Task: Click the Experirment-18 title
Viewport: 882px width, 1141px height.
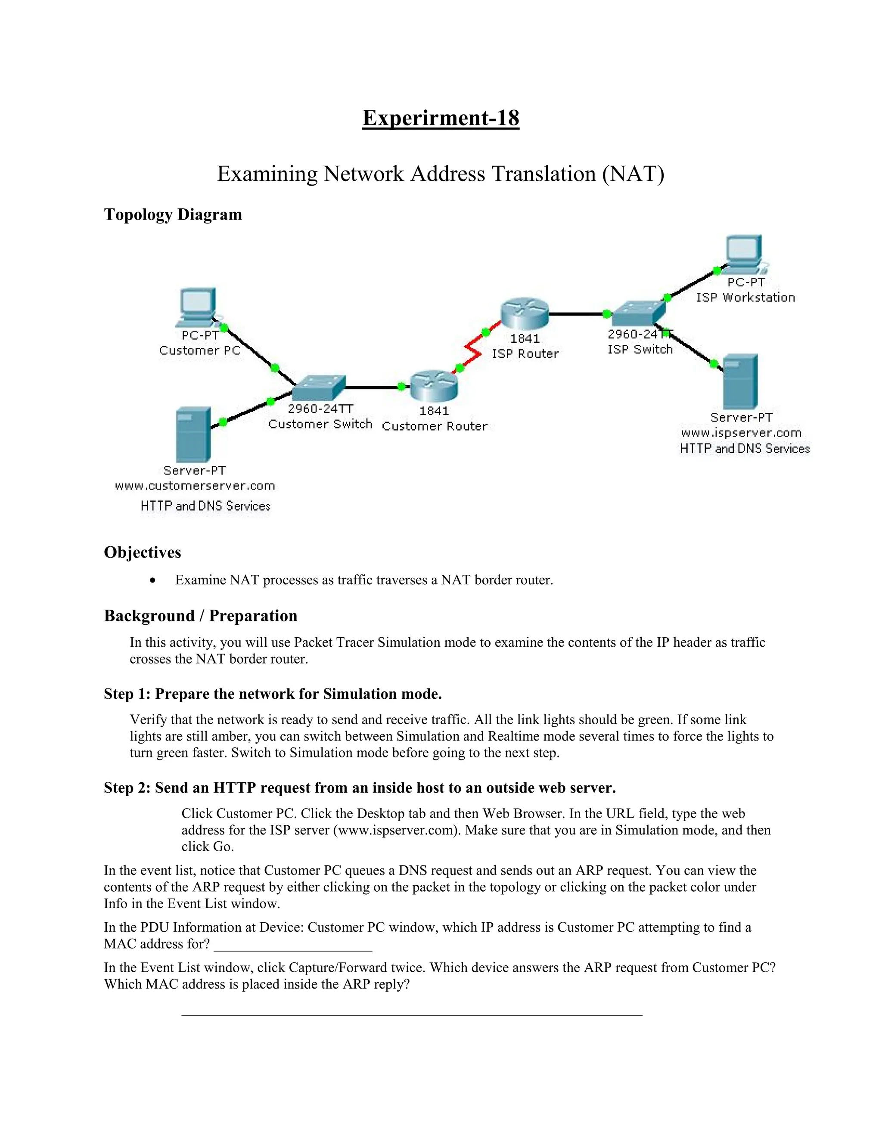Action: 441,118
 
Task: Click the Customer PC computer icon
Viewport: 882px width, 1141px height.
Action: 198,307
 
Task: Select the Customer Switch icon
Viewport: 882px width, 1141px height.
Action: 319,388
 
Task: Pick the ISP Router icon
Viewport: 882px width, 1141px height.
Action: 524,313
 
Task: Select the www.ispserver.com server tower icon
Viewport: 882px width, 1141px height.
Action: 740,381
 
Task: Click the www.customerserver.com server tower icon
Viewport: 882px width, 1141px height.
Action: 193,434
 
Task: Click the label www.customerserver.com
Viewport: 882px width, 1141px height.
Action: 195,486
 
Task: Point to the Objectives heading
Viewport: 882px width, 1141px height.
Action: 143,552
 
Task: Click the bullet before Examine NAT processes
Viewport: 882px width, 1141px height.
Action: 152,580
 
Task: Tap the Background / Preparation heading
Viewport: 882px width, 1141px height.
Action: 201,615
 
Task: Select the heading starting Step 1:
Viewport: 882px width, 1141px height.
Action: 273,694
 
